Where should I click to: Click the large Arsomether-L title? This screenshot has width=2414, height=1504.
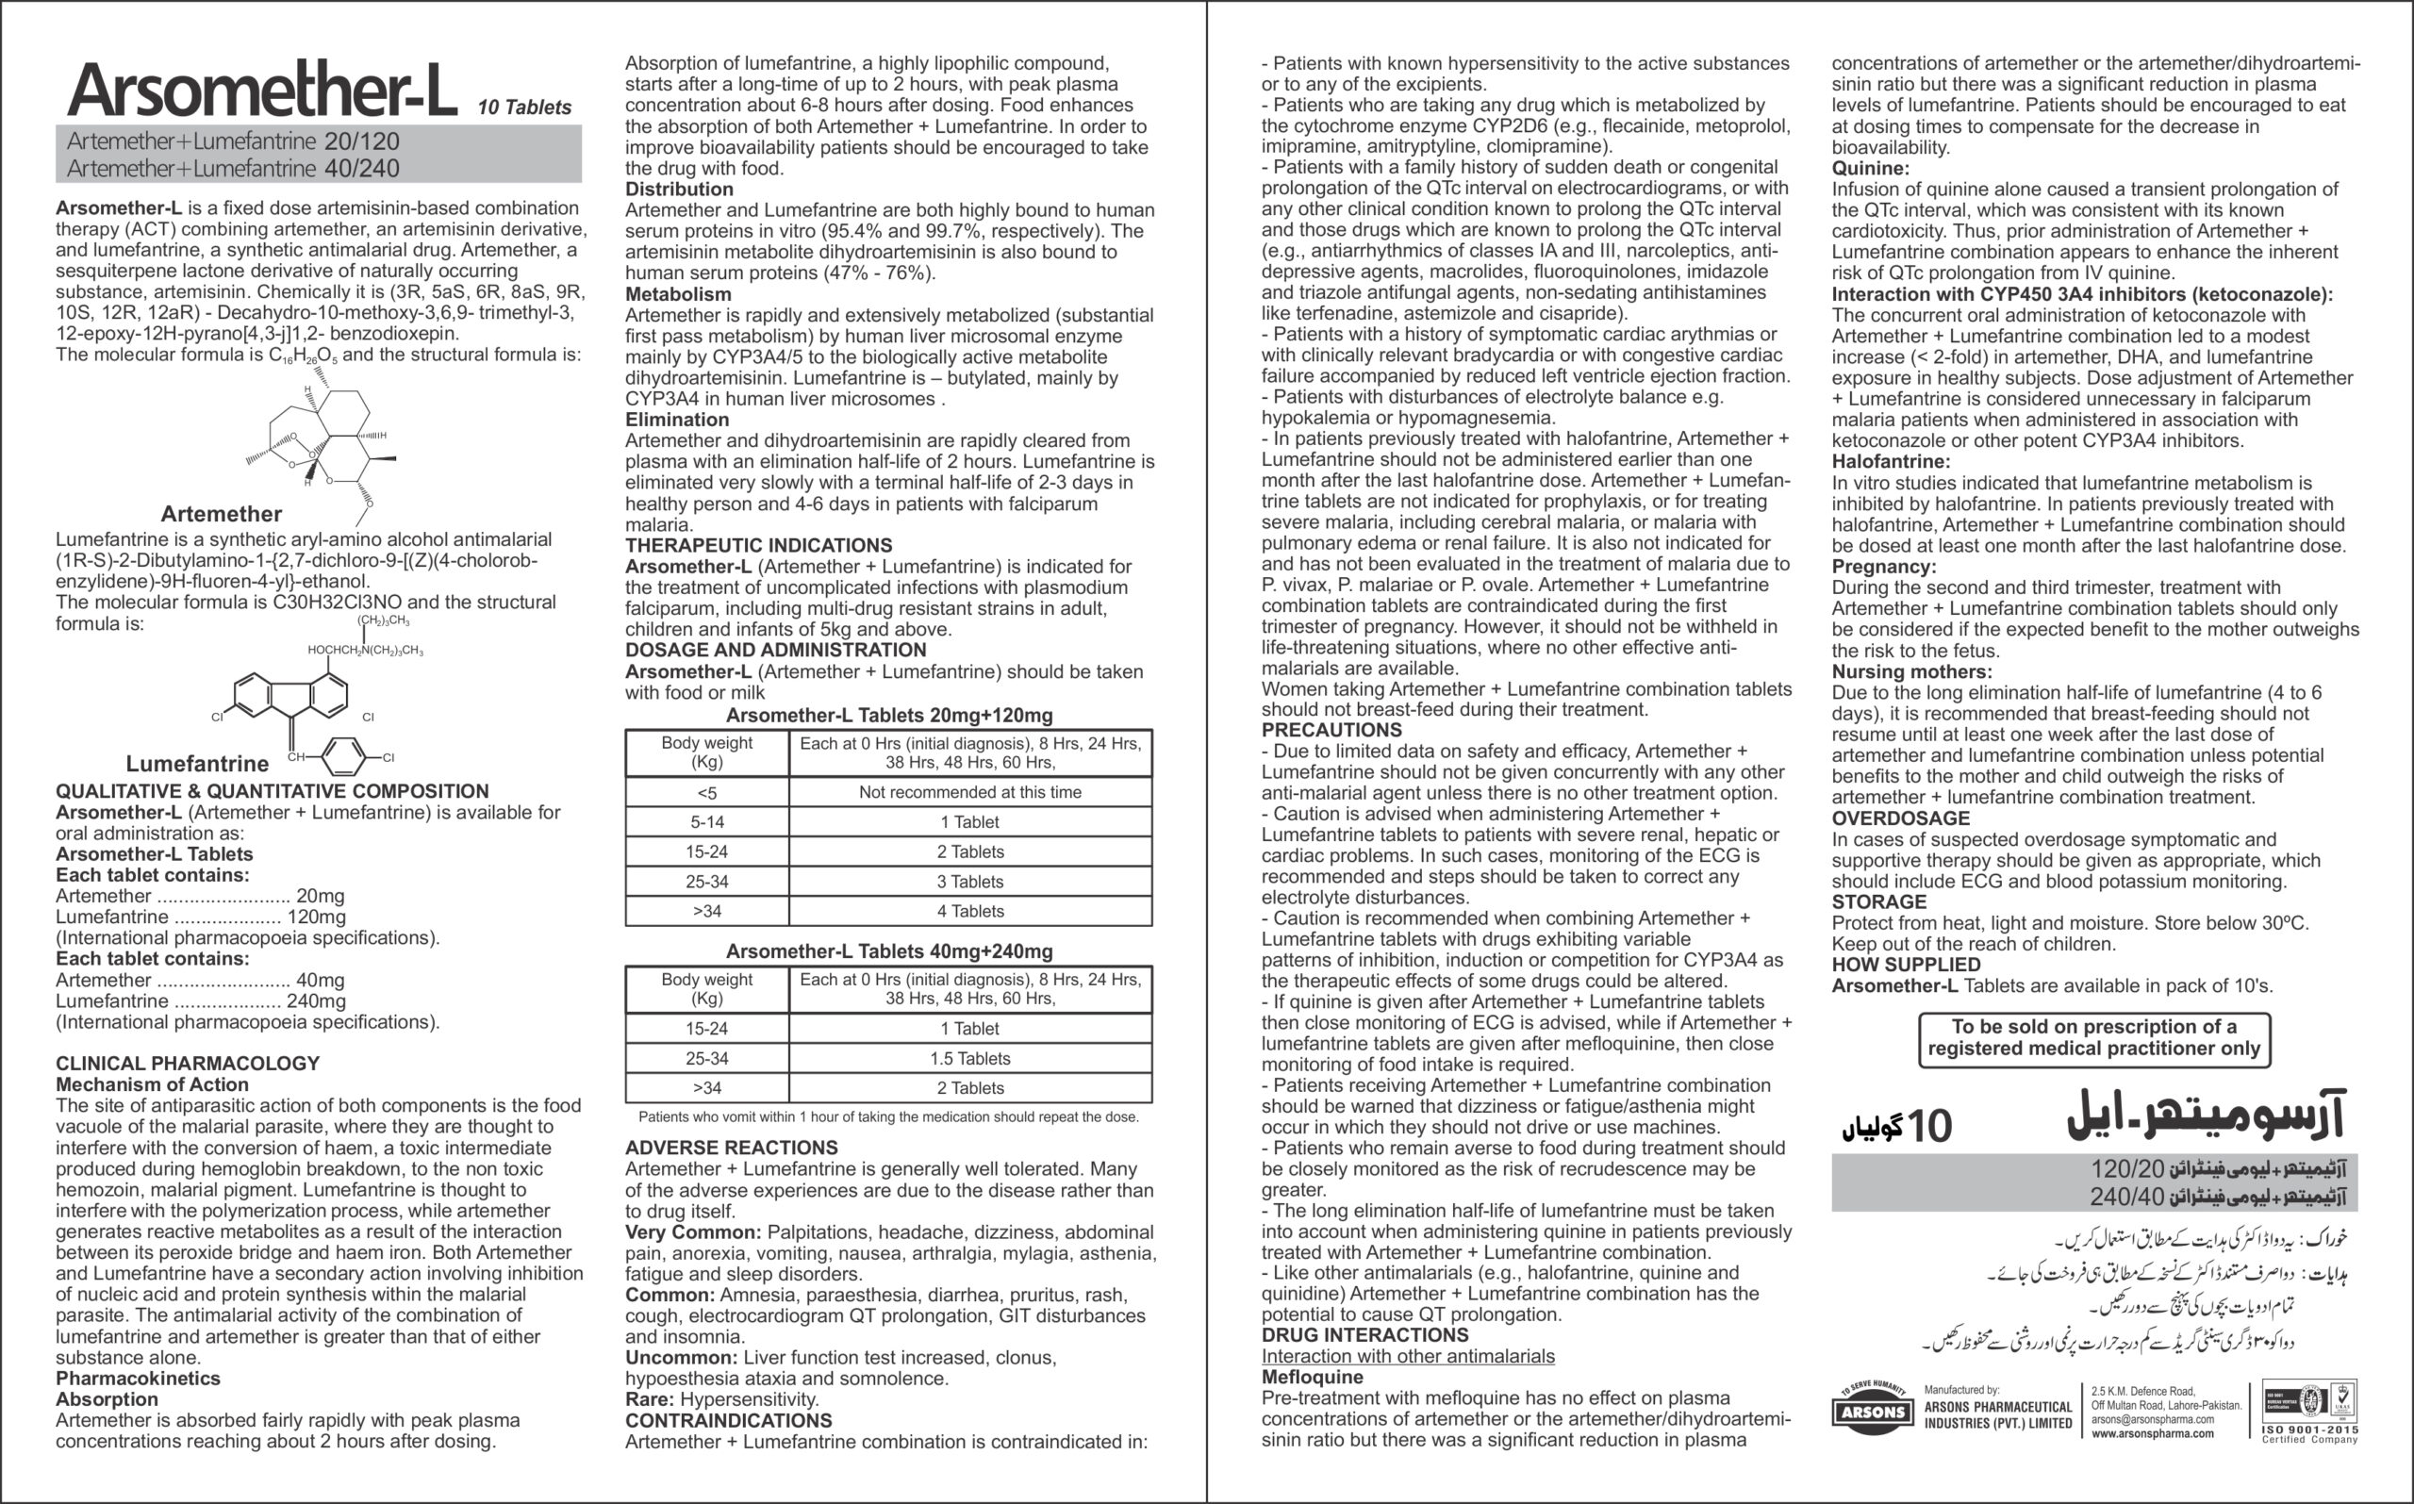[261, 91]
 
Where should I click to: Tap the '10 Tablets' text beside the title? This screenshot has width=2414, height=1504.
[524, 107]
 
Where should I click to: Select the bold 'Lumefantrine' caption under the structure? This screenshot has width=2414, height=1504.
[197, 764]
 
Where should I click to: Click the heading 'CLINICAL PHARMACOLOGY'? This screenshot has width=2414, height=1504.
[187, 1064]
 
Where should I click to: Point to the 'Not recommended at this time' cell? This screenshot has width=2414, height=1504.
[969, 793]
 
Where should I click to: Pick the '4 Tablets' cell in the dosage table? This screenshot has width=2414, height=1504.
[969, 911]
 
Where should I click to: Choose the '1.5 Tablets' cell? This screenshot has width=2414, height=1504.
[969, 1058]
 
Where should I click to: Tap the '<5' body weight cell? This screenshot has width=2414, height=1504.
[706, 793]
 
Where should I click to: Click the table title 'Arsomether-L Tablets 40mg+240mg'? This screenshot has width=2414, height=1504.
[888, 950]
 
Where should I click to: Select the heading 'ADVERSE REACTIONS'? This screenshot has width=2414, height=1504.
[731, 1148]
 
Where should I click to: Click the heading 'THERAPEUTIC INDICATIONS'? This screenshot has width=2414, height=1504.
[758, 545]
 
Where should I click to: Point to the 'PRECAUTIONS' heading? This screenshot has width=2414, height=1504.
[1331, 730]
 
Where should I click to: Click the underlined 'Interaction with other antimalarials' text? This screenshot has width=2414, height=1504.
[1408, 1357]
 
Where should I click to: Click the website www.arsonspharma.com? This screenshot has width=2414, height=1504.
[2153, 1433]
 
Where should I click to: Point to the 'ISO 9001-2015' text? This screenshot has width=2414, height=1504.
[2309, 1430]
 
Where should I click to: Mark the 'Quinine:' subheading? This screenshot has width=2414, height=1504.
[1870, 168]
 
